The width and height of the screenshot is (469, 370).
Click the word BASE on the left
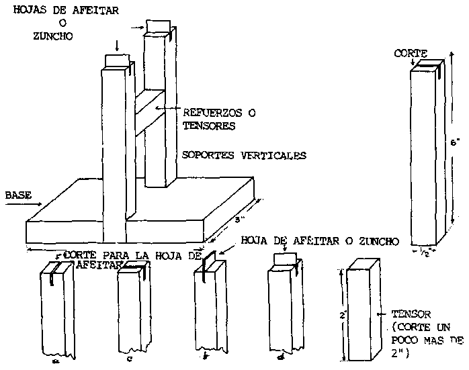point(17,195)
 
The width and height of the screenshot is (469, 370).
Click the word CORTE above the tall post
point(409,52)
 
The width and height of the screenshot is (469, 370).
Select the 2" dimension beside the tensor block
point(342,314)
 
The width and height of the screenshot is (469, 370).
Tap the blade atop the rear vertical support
point(159,26)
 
